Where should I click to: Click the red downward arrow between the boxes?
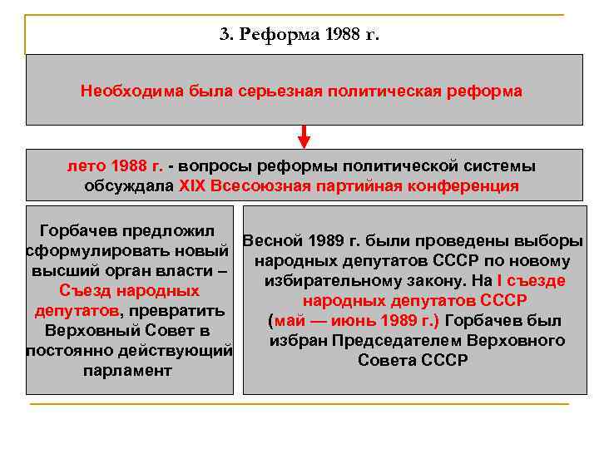[x=304, y=136]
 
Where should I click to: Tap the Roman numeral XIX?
[x=192, y=185]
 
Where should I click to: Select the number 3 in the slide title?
[x=224, y=36]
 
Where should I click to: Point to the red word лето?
[x=84, y=165]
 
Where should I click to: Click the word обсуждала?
[x=129, y=185]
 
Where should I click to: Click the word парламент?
[x=126, y=370]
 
